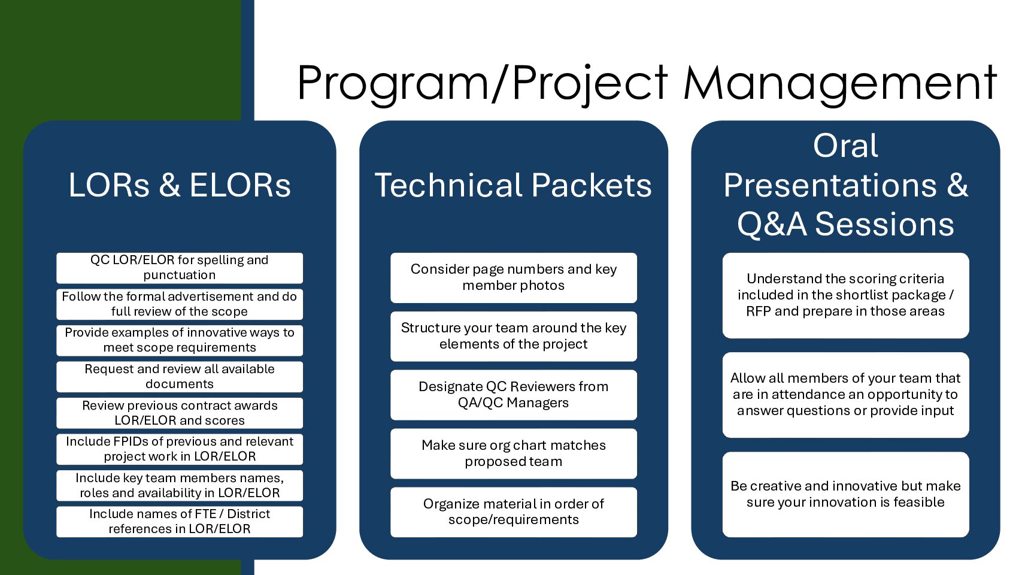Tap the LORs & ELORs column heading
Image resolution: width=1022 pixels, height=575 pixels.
click(180, 185)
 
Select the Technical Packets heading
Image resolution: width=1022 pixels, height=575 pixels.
click(513, 185)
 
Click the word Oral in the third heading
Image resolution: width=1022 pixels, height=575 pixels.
click(845, 146)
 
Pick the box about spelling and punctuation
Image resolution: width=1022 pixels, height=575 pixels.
click(180, 268)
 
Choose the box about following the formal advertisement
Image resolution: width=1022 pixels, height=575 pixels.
click(180, 304)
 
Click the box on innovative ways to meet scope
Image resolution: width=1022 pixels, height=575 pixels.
click(180, 340)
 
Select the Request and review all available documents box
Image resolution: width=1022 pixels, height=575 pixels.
click(180, 377)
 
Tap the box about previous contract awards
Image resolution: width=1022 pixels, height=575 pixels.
click(180, 413)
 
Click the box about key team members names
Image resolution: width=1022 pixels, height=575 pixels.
click(180, 486)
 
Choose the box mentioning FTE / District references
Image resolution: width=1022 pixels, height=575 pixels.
click(180, 522)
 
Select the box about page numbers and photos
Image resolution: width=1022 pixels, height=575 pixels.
click(514, 277)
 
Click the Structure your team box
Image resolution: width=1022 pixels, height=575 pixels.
click(514, 337)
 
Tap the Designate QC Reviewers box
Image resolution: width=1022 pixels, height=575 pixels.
click(514, 395)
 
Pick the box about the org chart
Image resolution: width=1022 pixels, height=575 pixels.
click(514, 453)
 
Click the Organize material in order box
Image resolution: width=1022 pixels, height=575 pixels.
click(514, 512)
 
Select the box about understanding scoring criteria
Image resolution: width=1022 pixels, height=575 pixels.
click(845, 295)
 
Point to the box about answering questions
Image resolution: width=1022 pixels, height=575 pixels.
click(845, 395)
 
